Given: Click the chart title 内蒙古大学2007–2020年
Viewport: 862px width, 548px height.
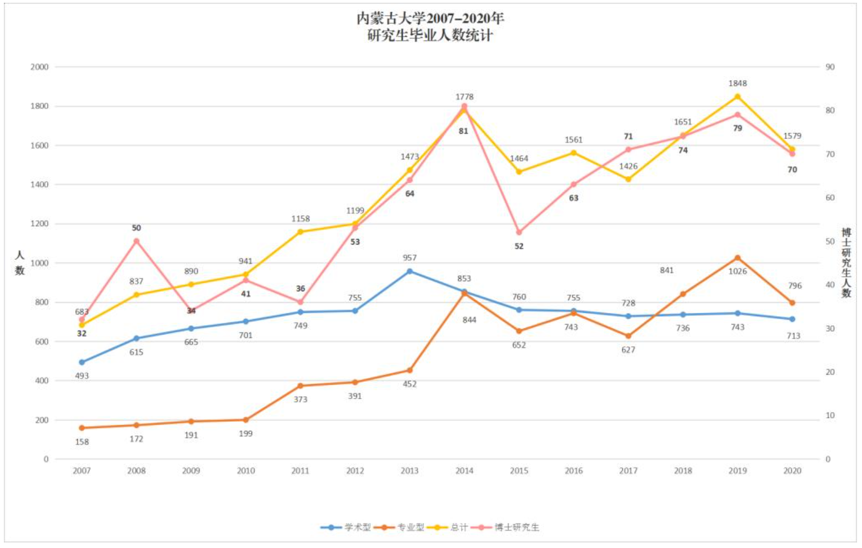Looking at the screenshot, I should (x=430, y=18).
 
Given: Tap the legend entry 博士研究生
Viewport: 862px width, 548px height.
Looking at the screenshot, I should (x=517, y=527).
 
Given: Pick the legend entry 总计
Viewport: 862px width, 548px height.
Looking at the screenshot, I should (x=459, y=527).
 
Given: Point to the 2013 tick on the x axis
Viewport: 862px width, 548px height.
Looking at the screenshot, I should (x=409, y=471).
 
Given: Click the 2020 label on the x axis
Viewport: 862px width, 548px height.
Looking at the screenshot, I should (x=792, y=471).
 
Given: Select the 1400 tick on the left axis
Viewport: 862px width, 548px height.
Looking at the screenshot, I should (x=39, y=185).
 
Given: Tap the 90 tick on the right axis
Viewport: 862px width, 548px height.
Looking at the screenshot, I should (x=830, y=67).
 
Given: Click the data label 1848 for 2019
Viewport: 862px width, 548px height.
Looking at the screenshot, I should (x=738, y=83).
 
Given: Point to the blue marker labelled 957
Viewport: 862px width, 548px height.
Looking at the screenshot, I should (x=410, y=271).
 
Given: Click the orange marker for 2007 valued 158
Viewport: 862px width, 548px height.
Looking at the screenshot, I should (x=82, y=428).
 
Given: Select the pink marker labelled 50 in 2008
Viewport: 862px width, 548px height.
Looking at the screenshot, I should (x=137, y=241).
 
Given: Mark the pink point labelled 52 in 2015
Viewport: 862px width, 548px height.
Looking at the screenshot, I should (x=519, y=232).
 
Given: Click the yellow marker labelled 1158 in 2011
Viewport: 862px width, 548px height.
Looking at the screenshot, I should (x=300, y=232).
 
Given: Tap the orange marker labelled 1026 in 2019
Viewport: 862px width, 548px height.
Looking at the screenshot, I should (x=738, y=258).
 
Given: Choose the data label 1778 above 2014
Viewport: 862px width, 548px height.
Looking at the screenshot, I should (x=464, y=97).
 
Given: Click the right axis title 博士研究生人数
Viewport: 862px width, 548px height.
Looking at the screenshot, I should (x=846, y=262).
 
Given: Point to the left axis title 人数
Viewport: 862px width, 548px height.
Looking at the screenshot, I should (x=20, y=263).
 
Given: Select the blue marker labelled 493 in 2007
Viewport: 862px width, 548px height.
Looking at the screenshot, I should (x=82, y=362).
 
